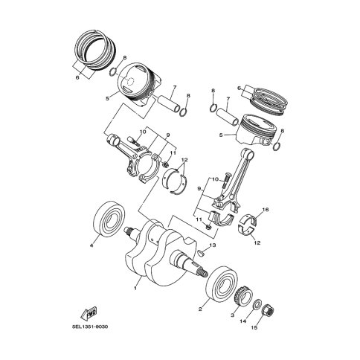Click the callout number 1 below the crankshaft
(x=135, y=289)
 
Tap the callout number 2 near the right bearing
(x=200, y=309)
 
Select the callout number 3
(x=232, y=315)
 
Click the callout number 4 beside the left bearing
(x=91, y=245)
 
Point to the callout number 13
(x=213, y=245)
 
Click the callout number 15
(x=254, y=327)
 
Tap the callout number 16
(x=266, y=210)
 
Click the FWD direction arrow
(x=89, y=313)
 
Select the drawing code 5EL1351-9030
(x=90, y=327)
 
